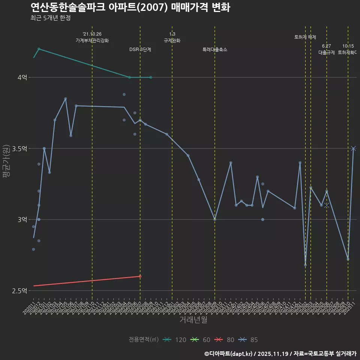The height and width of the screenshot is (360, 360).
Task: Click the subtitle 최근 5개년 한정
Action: tap(50, 18)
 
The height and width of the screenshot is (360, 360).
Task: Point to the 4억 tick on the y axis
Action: tap(22, 77)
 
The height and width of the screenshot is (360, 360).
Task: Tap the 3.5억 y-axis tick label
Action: tap(20, 148)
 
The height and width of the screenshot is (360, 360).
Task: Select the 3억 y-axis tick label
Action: tap(22, 219)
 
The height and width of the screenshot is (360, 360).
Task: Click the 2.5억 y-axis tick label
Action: tap(20, 291)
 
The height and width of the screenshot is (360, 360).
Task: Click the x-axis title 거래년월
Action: tap(193, 320)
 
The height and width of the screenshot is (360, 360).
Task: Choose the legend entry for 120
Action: tap(175, 340)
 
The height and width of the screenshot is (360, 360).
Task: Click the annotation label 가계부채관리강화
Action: tap(92, 40)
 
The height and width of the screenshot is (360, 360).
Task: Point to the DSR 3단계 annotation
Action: tap(140, 49)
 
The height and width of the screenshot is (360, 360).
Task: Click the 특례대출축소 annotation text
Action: tap(215, 49)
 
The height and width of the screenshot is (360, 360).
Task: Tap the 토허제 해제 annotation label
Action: tap(305, 37)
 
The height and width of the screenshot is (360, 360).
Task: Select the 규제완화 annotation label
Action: tap(172, 40)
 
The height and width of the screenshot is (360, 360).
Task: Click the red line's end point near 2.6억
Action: tap(140, 276)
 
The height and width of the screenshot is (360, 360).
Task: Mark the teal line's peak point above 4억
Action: tap(39, 49)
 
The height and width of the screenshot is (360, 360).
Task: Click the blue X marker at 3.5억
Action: tap(353, 148)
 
